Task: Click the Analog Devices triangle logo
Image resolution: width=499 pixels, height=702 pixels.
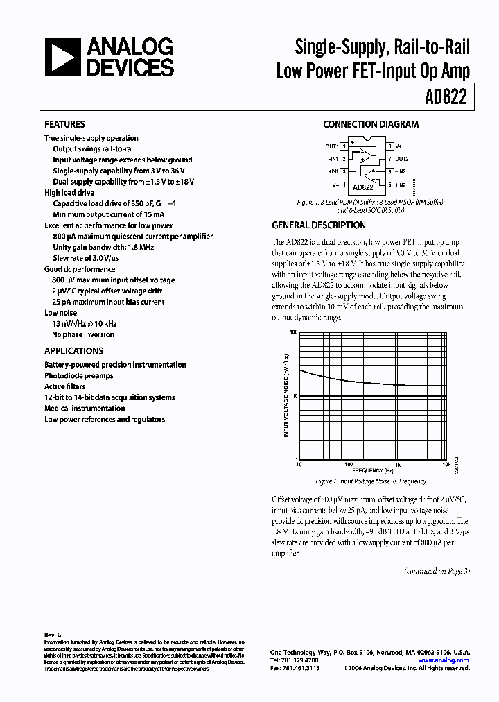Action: [61, 58]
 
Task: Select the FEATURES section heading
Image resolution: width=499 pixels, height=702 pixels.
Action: [64, 124]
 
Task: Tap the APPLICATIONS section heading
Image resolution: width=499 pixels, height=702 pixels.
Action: [73, 351]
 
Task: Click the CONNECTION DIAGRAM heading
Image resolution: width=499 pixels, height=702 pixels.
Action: [371, 125]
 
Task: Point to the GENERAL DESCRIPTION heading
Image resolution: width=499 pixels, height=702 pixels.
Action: [319, 225]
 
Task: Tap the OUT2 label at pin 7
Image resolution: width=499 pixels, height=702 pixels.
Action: [403, 159]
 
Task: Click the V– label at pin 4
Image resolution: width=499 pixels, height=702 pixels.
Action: [335, 185]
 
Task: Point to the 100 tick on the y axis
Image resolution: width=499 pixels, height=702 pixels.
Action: [293, 333]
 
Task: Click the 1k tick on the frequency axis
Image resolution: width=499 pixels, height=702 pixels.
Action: [398, 465]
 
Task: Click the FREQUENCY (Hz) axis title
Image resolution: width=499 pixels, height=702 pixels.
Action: [371, 471]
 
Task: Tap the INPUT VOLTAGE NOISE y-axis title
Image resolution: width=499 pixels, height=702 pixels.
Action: [286, 395]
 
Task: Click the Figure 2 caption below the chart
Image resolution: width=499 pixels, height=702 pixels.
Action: [370, 481]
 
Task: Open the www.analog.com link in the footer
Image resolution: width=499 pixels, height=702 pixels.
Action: [444, 660]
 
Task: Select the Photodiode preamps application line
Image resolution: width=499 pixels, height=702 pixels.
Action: [78, 376]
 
